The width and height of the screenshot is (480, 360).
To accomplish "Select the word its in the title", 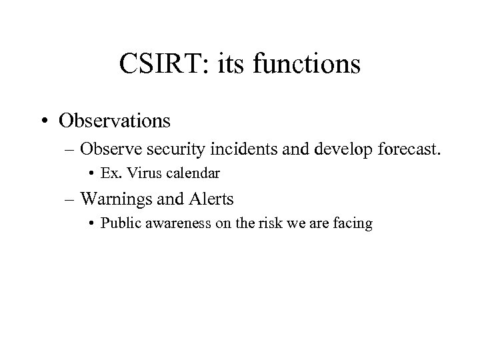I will (234, 65).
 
